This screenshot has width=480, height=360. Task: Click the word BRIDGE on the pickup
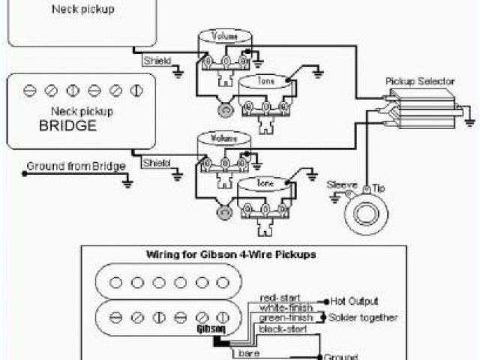click(67, 126)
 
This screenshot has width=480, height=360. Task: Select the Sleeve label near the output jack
click(340, 184)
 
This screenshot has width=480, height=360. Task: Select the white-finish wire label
click(283, 307)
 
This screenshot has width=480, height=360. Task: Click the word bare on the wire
click(244, 352)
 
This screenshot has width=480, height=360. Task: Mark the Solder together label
click(363, 317)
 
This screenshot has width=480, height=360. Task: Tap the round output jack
click(365, 213)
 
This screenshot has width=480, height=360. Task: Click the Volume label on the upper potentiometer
click(223, 36)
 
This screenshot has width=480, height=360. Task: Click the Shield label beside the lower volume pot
click(156, 163)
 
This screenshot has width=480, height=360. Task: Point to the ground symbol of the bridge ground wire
click(128, 181)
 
